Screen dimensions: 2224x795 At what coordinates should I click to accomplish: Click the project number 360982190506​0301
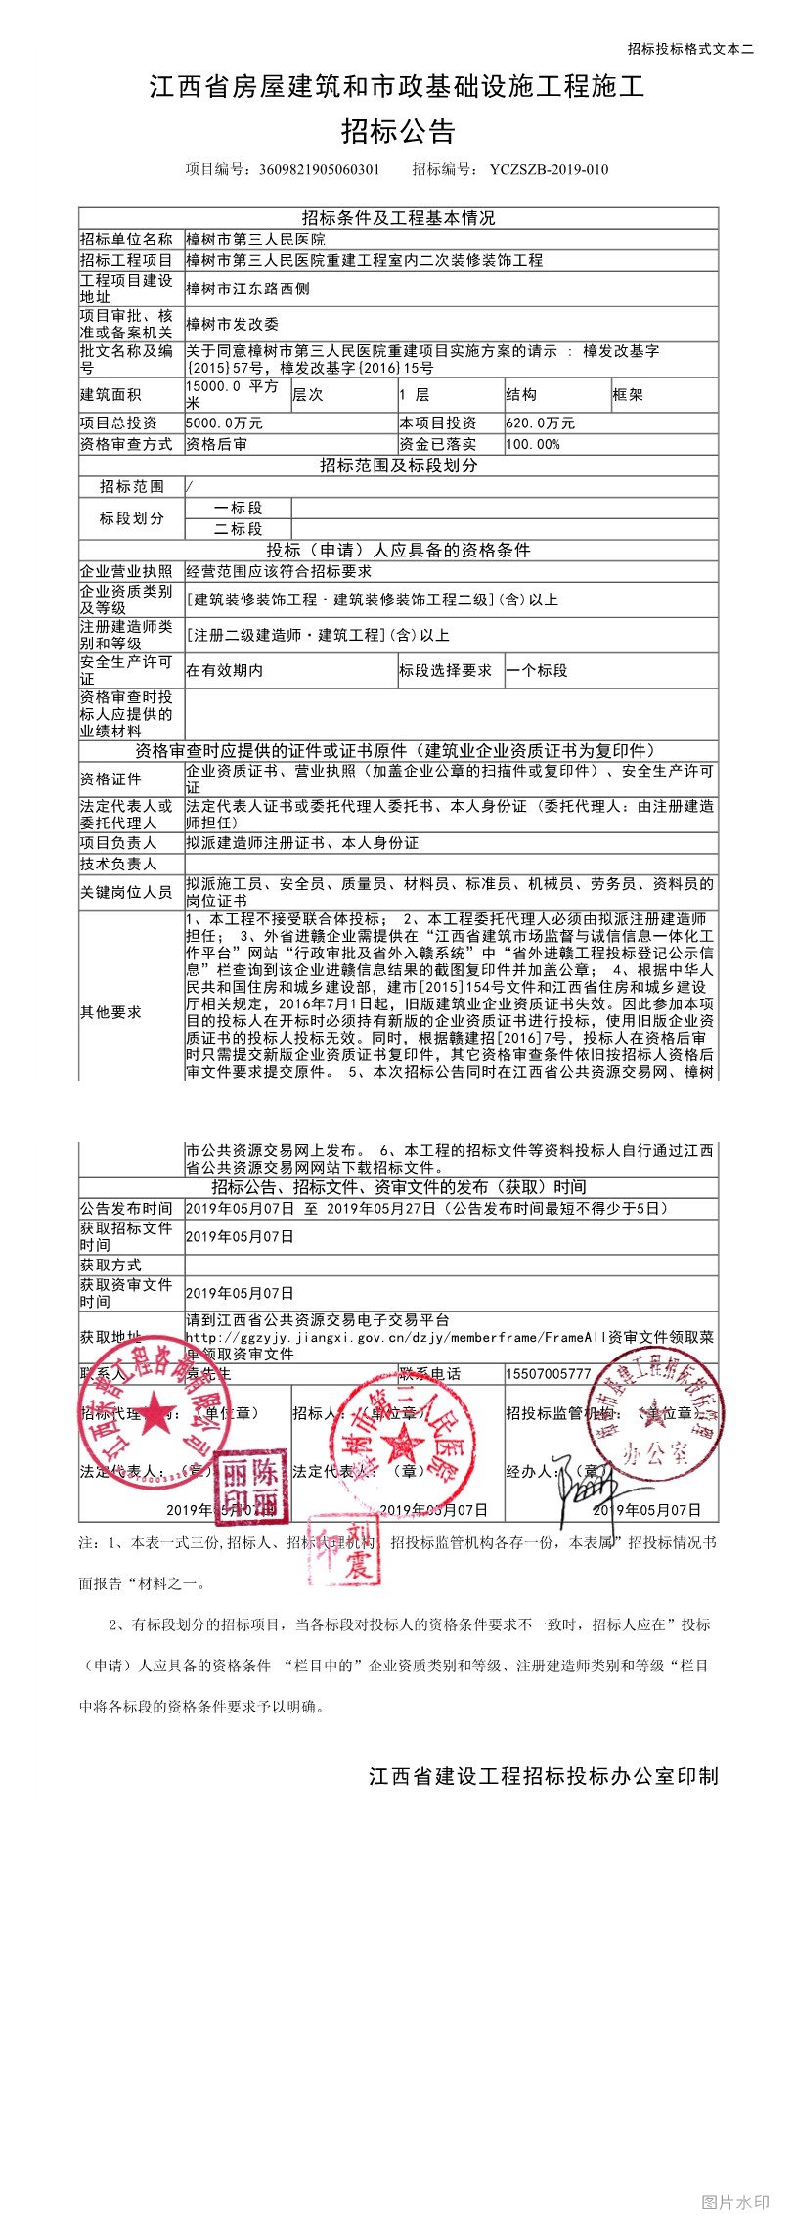pos(319,169)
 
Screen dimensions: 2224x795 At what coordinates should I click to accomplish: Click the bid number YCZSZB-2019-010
pos(549,169)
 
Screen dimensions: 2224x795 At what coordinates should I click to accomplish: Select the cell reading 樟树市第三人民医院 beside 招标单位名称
pos(256,240)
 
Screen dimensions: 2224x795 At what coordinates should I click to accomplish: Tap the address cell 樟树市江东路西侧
pos(247,289)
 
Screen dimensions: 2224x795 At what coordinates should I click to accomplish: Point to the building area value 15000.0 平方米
pos(233,394)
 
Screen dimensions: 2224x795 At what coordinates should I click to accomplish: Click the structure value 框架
pos(627,394)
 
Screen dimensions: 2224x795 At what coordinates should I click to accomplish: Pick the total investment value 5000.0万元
pos(224,423)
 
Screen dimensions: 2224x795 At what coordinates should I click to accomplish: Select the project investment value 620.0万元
pos(540,423)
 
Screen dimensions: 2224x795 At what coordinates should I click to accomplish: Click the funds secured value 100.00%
pos(533,444)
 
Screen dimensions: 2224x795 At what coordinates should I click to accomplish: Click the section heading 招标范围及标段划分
pos(398,466)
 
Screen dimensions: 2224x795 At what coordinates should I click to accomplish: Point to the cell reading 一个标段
pos(537,670)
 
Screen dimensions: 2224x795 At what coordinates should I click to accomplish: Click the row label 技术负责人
pos(118,864)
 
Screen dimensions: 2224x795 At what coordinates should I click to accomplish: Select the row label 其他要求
pos(110,1012)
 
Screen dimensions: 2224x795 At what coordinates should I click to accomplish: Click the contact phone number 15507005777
pos(549,1374)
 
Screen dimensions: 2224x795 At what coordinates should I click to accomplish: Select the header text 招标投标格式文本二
pos(690,49)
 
